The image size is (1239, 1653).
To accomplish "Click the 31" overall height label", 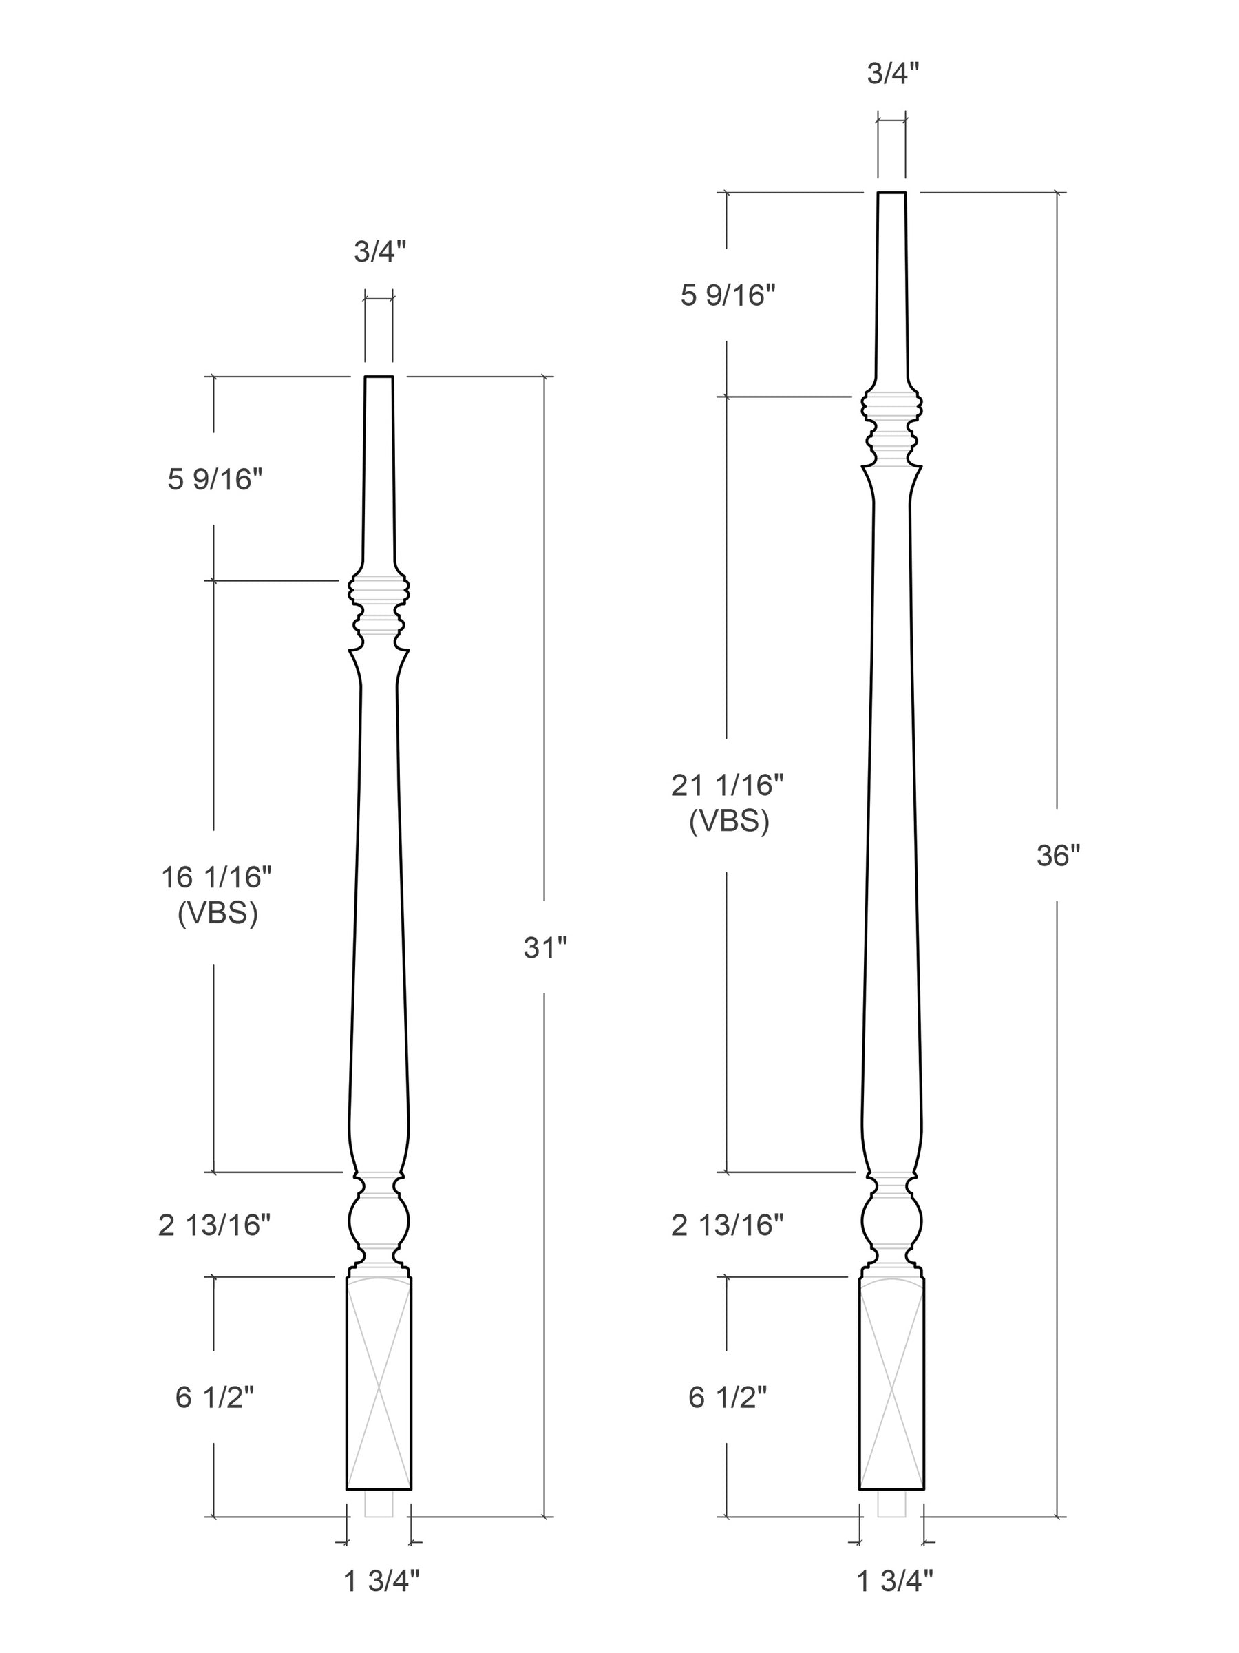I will (544, 947).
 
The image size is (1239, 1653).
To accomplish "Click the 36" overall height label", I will (1058, 856).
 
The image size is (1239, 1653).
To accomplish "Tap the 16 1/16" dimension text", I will (217, 876).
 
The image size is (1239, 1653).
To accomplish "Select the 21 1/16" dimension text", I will (728, 785).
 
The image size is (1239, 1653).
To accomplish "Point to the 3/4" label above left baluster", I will (380, 252).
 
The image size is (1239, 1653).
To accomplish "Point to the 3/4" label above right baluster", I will (893, 73).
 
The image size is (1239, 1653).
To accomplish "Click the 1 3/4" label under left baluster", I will (381, 1581).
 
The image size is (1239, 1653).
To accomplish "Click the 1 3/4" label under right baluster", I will (895, 1581).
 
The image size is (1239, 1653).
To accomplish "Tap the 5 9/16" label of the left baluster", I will (215, 479).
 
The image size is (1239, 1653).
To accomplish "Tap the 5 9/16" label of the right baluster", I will (728, 296).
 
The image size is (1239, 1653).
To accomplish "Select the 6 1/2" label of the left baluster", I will (215, 1397).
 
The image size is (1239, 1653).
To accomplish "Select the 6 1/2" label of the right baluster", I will (728, 1397).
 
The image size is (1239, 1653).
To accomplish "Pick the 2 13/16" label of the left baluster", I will (215, 1225).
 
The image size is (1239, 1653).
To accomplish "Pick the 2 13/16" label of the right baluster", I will (728, 1225).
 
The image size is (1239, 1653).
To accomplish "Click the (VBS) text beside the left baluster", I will (218, 913).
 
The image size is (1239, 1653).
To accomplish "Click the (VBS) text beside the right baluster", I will (729, 821).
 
